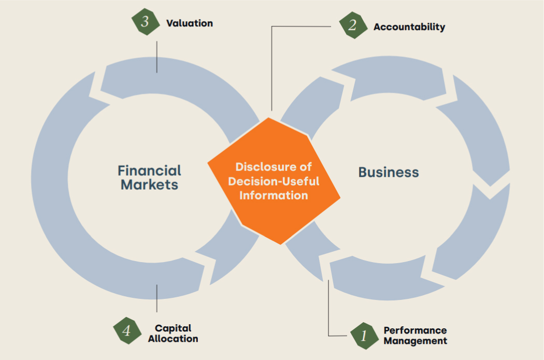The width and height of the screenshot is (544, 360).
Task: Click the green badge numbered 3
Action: point(146,22)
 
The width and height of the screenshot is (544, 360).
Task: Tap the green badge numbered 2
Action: point(353,25)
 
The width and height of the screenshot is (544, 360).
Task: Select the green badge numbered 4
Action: point(127,330)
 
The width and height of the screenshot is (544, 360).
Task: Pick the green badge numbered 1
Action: point(364,336)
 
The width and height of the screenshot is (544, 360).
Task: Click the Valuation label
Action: point(190,23)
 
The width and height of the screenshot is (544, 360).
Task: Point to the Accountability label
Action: point(409,27)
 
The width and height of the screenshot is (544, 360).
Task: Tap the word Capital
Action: point(173,328)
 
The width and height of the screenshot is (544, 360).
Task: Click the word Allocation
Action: point(173,338)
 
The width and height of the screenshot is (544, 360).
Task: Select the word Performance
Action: point(416,330)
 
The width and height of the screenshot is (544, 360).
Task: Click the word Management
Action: point(416,341)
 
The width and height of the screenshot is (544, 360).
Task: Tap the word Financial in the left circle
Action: point(149,170)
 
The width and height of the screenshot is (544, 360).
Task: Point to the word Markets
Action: point(149,184)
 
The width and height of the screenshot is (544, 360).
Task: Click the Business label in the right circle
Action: point(389,172)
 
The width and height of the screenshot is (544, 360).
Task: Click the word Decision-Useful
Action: point(274,181)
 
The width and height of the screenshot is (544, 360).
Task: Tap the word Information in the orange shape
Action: point(274,195)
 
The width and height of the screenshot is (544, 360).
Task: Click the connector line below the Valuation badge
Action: point(157,57)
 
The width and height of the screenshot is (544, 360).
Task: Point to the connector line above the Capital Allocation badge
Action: point(157,298)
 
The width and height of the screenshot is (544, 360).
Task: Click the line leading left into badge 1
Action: point(338,336)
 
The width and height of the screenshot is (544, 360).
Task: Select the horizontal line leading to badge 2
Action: point(301,26)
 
